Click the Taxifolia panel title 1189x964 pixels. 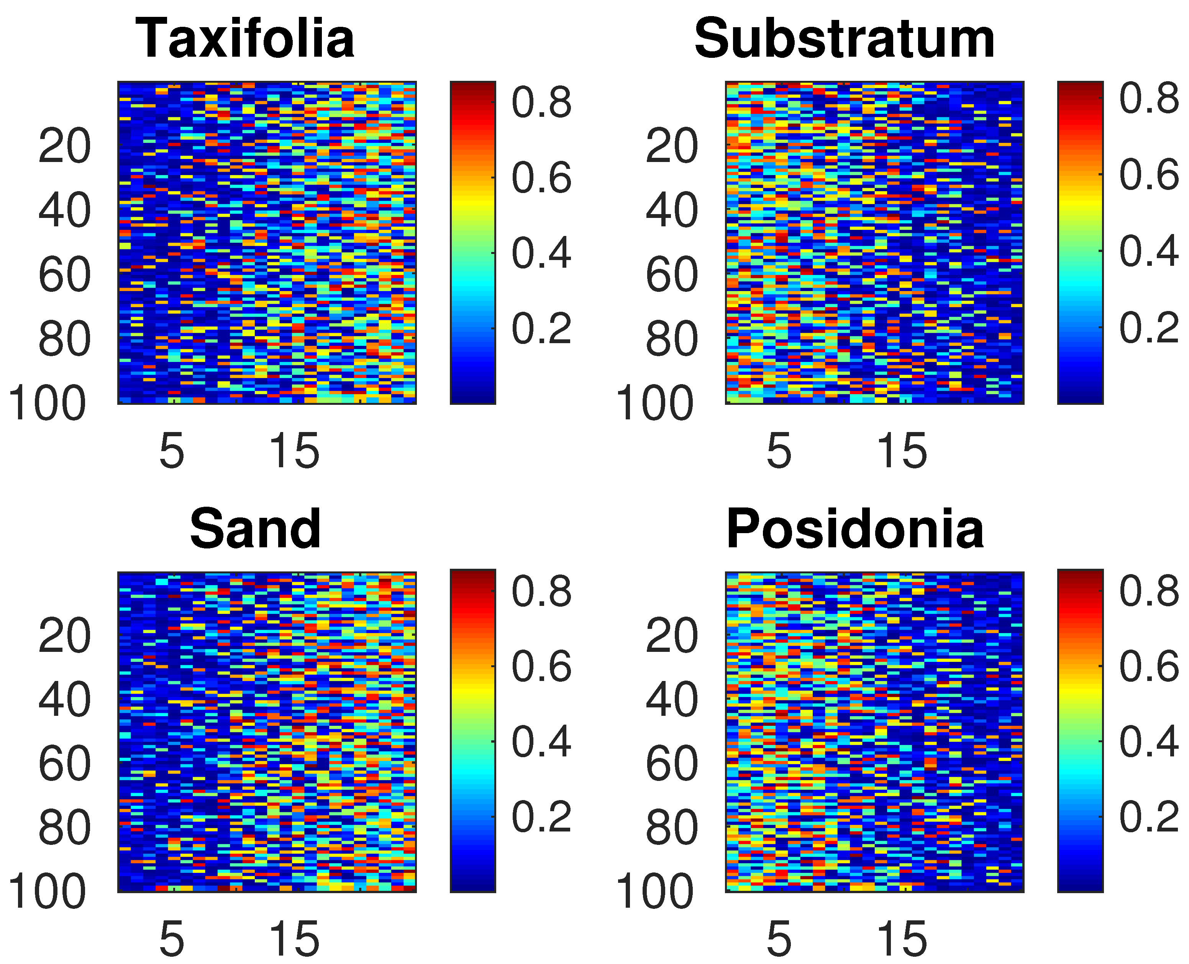245,39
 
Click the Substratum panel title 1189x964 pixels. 845,39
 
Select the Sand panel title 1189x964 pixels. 255,529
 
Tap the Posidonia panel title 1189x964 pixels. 855,529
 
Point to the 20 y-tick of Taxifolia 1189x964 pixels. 64,147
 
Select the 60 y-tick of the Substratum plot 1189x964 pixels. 672,275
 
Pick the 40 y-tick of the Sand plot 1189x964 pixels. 64,700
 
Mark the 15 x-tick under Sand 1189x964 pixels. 294,939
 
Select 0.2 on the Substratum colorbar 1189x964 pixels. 1148,327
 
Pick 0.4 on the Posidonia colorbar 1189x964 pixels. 1148,741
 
